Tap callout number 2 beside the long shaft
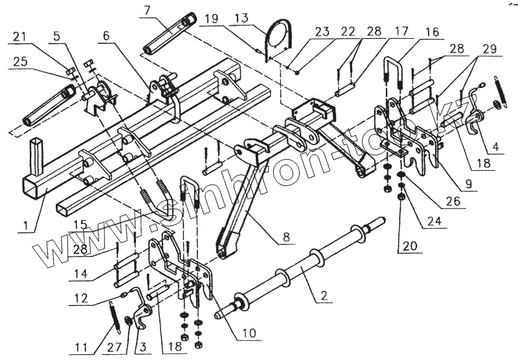pyautogui.click(x=324, y=296)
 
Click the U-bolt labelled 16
pyautogui.click(x=392, y=74)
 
